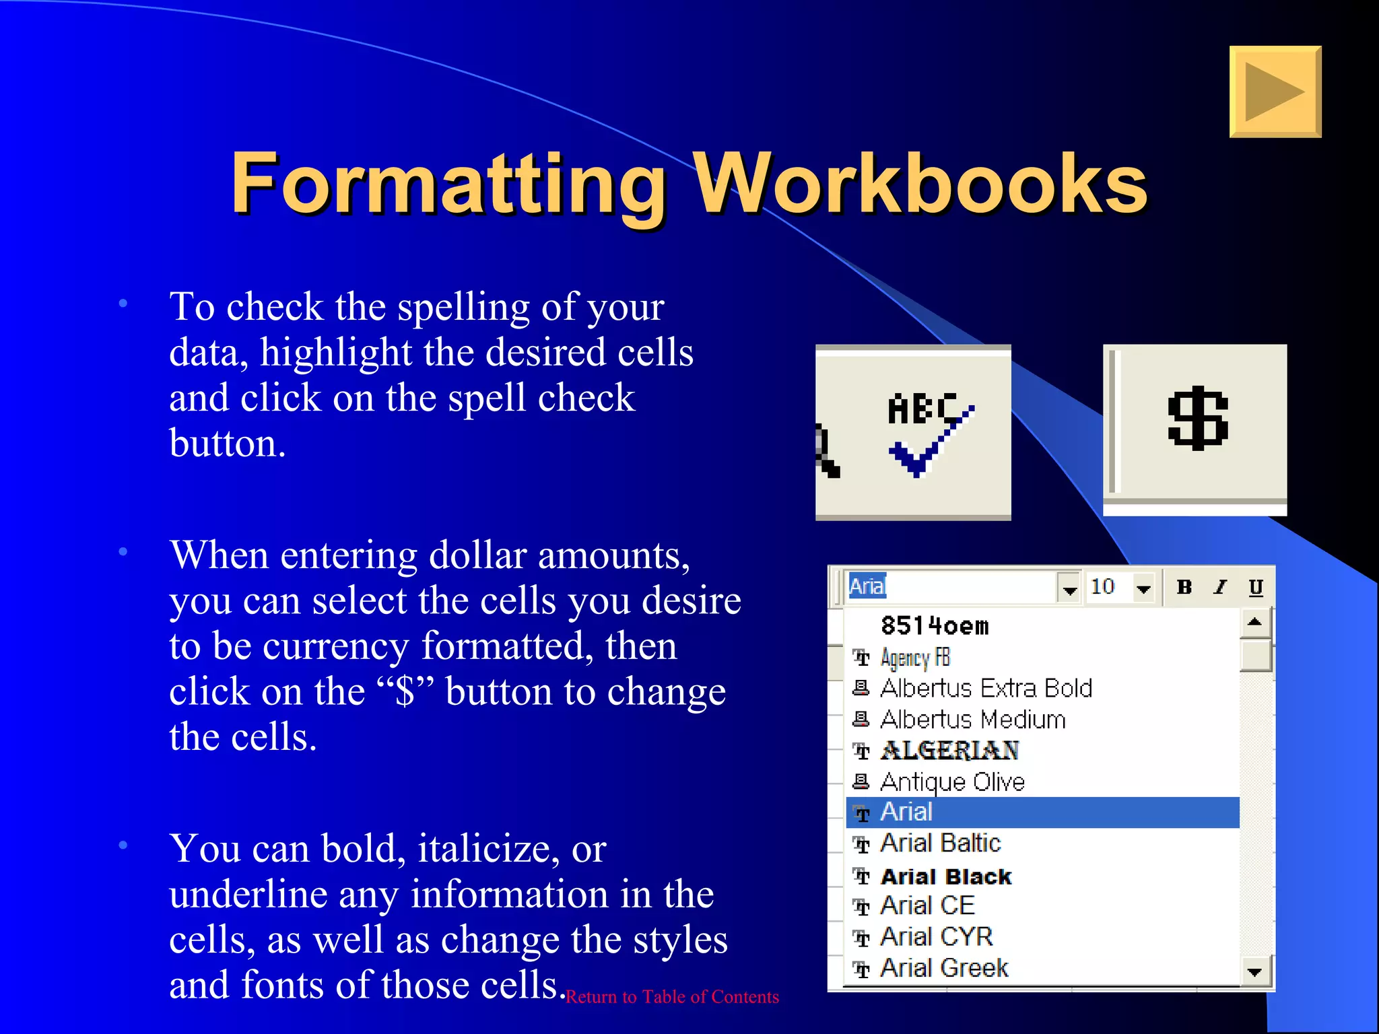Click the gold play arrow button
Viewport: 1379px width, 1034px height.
1275,92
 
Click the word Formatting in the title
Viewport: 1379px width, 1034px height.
448,183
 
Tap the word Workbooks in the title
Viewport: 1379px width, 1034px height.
920,183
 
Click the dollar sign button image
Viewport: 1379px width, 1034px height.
1198,419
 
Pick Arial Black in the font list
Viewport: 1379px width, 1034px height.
945,876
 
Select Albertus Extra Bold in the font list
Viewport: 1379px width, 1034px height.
986,688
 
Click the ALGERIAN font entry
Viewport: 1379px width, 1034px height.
949,751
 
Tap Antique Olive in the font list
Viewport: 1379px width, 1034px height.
952,782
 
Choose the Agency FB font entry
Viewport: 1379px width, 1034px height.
915,658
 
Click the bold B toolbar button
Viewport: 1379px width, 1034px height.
1184,587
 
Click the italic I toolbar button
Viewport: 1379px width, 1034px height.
1219,587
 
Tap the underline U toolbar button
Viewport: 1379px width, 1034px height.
1256,587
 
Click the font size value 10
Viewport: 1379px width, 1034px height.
1103,586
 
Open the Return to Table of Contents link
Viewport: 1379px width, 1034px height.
672,997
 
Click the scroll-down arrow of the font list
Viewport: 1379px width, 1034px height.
1254,971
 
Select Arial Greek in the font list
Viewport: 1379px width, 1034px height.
944,968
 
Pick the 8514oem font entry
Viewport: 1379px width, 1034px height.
935,626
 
